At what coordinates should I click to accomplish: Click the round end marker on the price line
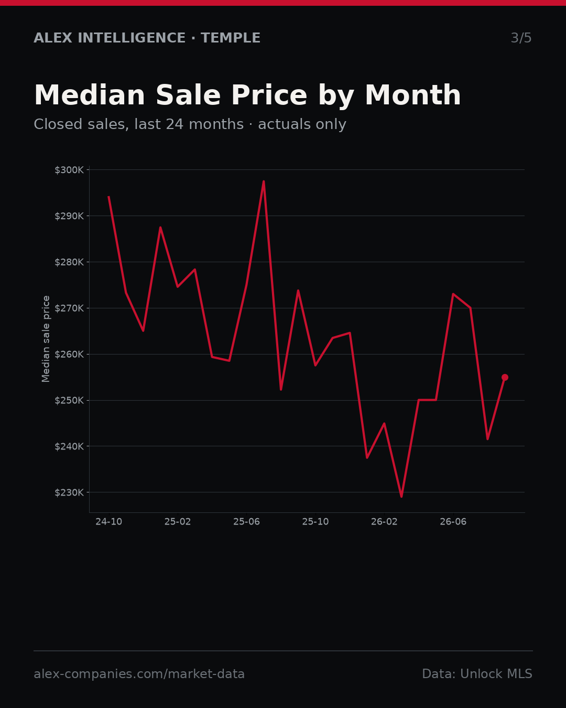[505, 378]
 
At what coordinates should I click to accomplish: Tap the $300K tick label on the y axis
[69, 170]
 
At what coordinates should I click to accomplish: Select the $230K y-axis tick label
[69, 492]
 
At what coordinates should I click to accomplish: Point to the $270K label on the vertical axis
[69, 308]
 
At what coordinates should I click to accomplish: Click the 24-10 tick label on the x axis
[109, 521]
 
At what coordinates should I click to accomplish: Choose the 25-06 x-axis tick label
[247, 521]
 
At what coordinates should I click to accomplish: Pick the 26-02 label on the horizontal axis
[384, 521]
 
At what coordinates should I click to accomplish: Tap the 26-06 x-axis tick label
[453, 521]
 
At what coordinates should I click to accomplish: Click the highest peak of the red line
[264, 181]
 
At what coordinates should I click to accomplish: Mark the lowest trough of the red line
[401, 497]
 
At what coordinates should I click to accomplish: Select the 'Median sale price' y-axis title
[46, 339]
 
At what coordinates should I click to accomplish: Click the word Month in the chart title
[413, 95]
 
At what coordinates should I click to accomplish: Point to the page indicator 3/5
[521, 38]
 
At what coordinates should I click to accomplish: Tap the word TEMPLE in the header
[231, 38]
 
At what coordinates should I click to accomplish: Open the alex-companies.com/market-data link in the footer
[139, 674]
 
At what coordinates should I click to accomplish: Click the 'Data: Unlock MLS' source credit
[477, 674]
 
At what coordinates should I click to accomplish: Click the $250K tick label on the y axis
[69, 400]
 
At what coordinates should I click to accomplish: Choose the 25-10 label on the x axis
[315, 521]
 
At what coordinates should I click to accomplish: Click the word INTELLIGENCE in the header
[132, 38]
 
